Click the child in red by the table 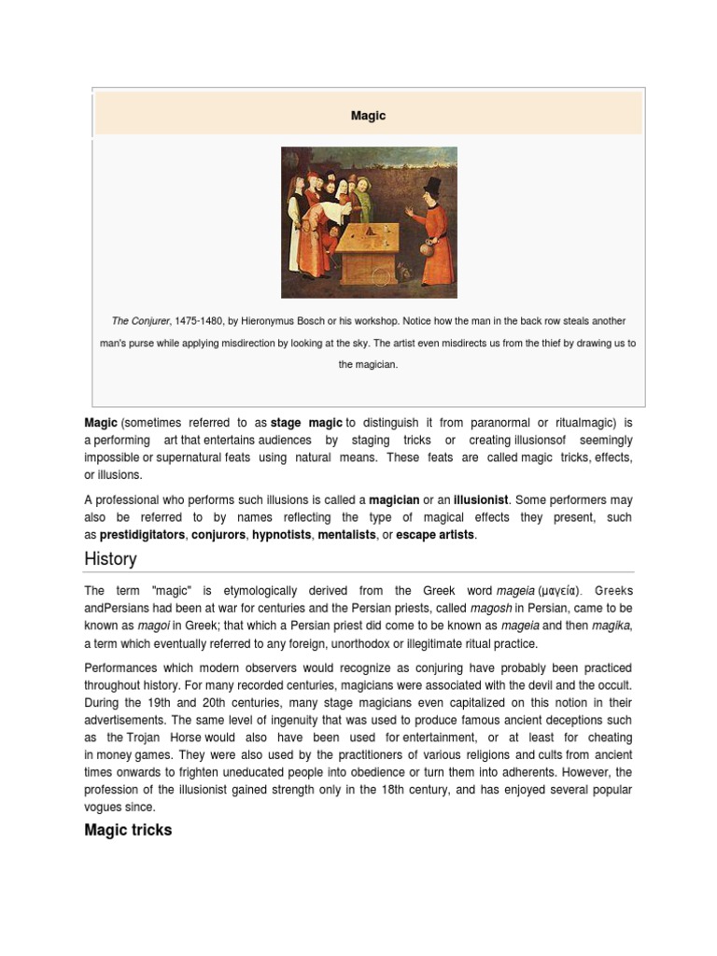point(329,245)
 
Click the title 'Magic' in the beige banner point(368,116)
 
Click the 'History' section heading point(110,559)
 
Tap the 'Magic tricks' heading point(128,830)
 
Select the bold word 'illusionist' point(476,499)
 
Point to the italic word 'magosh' point(489,609)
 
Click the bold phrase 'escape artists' point(435,535)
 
